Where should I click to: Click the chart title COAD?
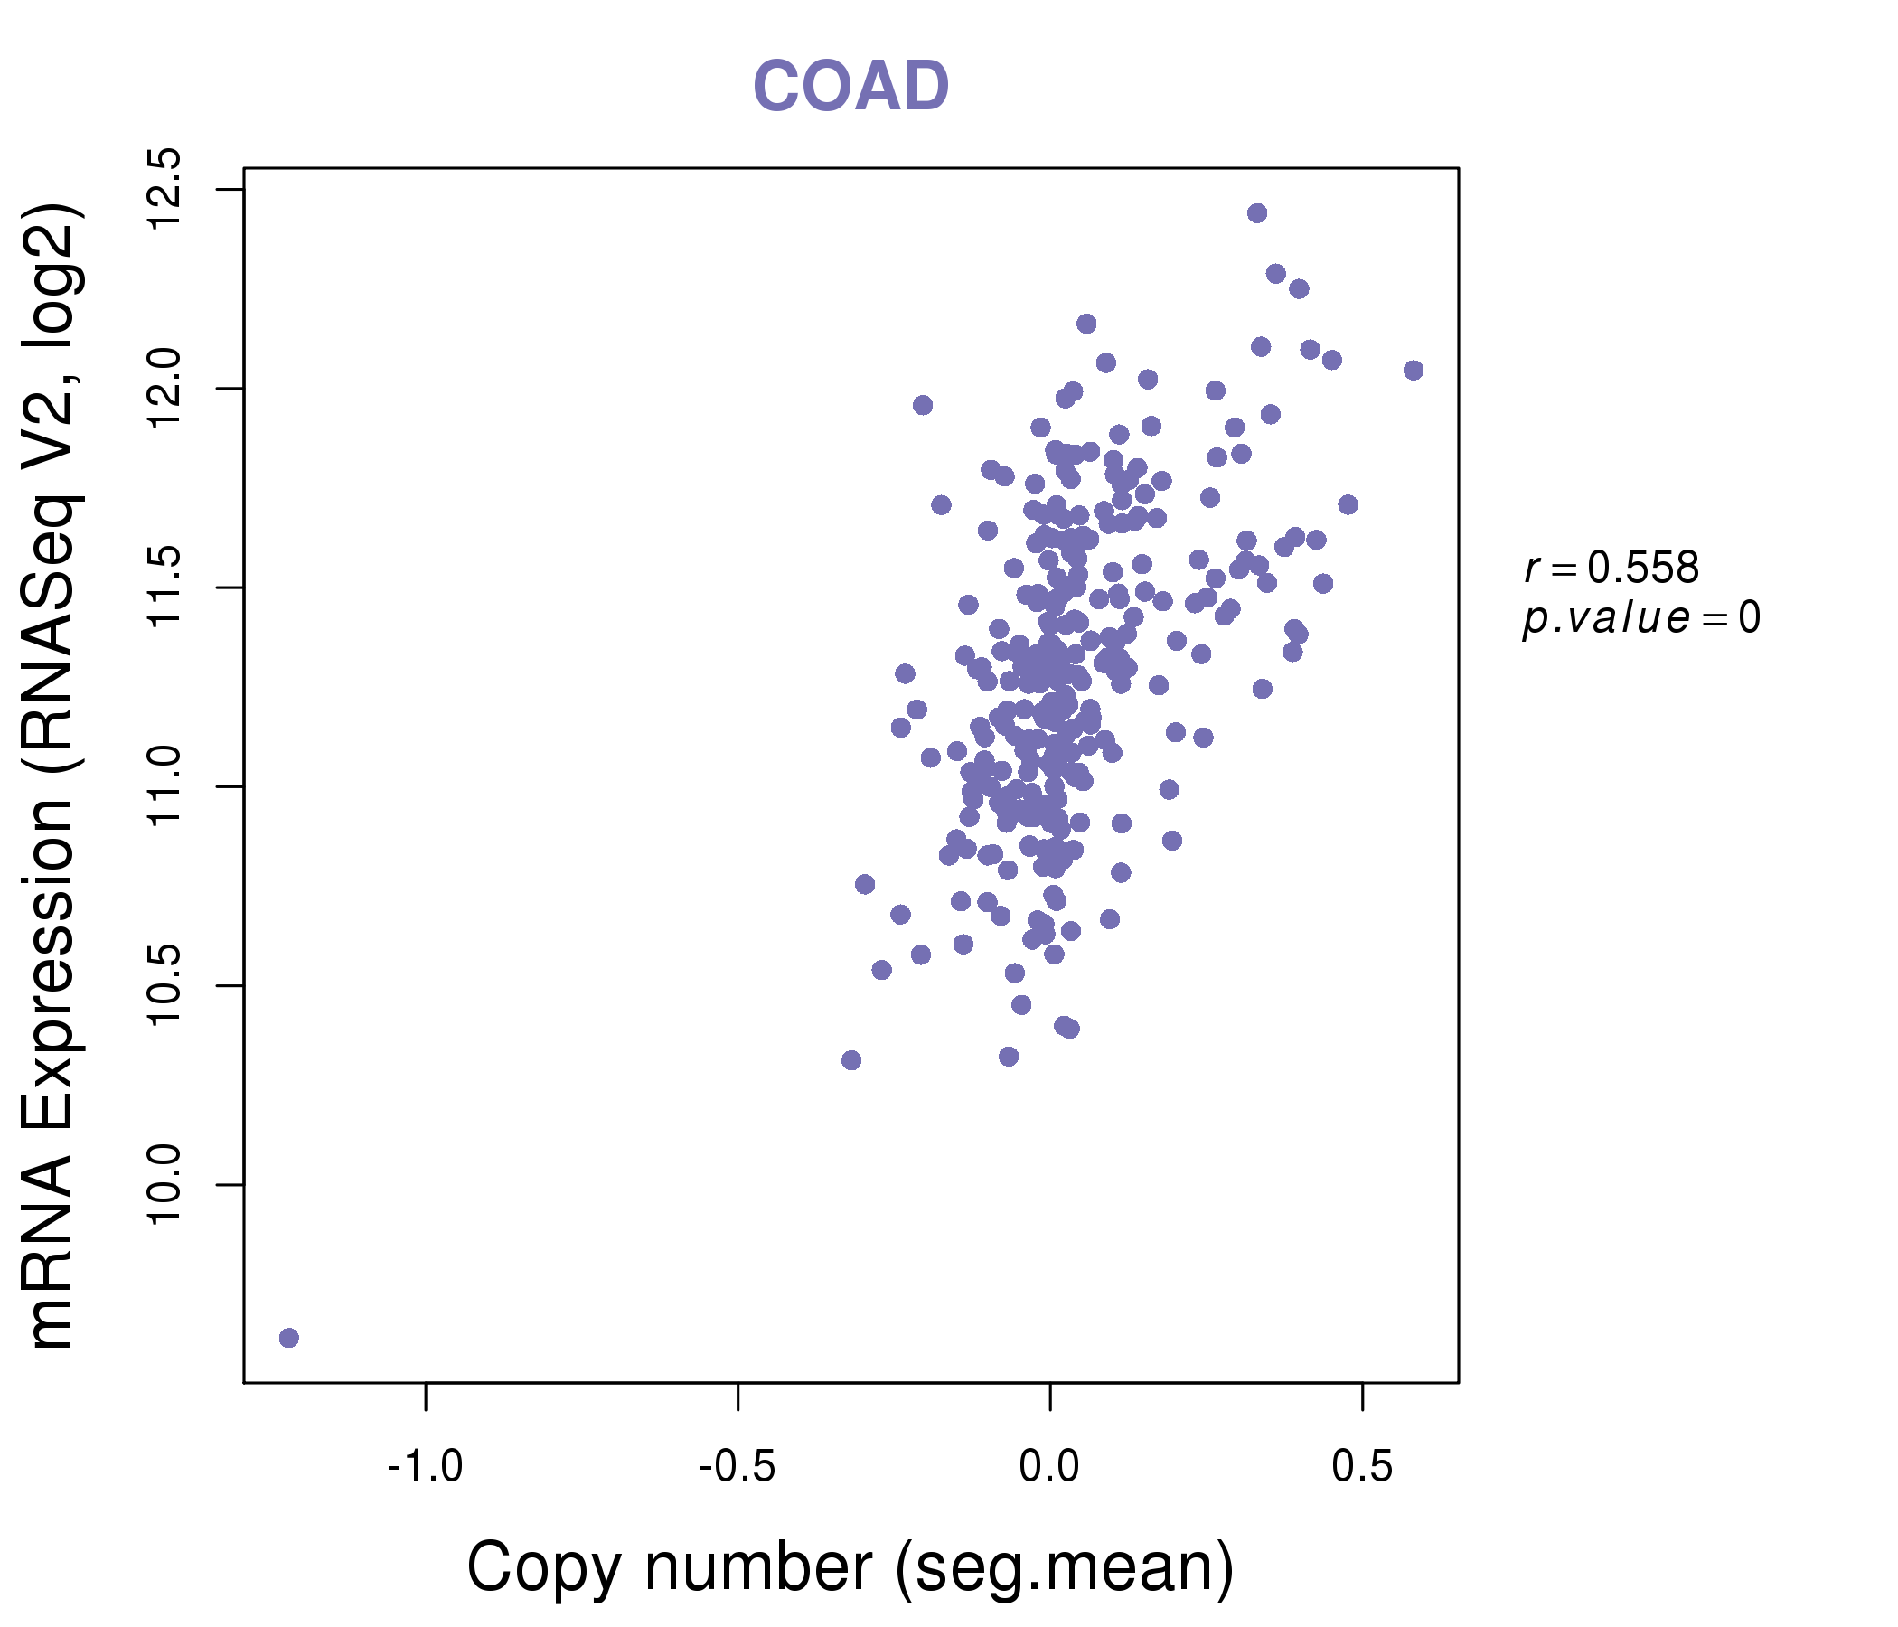click(850, 87)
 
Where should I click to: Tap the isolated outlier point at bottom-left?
click(288, 1339)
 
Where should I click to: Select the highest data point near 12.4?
click(1257, 213)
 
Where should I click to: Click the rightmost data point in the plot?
click(1414, 370)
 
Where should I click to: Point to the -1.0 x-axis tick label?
click(425, 1467)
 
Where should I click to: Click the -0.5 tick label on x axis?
click(738, 1467)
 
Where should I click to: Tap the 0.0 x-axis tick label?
click(1049, 1467)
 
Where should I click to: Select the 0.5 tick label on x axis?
click(1362, 1467)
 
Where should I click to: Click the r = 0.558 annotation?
click(1611, 568)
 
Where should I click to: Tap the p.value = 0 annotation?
click(1640, 618)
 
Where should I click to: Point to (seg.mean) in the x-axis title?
click(1065, 1568)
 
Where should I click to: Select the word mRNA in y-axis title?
click(52, 1250)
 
